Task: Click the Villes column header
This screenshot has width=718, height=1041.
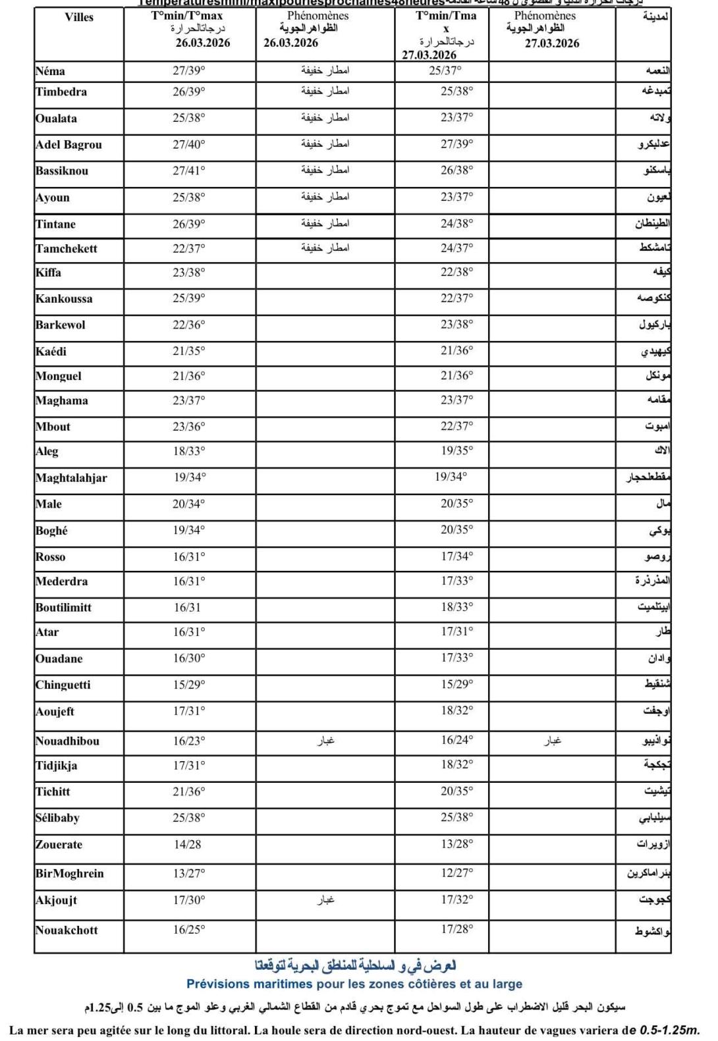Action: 79,17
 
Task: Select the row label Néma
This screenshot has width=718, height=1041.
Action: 50,71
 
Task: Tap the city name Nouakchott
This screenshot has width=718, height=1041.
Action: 67,930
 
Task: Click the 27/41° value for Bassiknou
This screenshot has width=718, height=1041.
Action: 189,171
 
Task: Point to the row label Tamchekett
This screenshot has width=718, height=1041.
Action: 67,248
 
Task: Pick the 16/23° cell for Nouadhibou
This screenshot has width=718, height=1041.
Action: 189,741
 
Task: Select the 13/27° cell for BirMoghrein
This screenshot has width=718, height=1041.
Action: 189,873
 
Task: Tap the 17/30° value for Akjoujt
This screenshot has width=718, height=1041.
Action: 189,899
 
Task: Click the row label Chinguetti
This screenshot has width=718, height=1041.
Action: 63,685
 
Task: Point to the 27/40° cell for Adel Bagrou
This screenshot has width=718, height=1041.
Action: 189,144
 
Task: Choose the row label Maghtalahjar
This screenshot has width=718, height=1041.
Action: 71,478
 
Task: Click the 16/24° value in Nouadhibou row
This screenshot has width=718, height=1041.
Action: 457,739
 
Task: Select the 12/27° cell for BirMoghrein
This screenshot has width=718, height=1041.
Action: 457,872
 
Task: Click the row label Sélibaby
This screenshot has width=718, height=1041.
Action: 57,818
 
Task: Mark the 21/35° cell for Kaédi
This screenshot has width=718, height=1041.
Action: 189,351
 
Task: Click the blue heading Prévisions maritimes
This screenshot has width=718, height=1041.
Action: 354,984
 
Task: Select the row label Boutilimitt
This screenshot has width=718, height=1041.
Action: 63,607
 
